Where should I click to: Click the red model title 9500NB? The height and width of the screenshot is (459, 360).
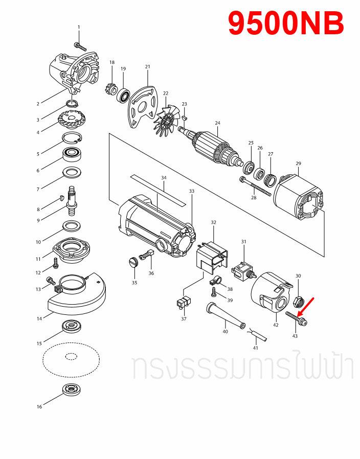click(285, 24)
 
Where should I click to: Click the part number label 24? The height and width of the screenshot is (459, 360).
click(217, 123)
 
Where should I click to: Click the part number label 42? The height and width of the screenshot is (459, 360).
click(276, 325)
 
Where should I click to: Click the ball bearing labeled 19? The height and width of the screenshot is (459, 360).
click(123, 95)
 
